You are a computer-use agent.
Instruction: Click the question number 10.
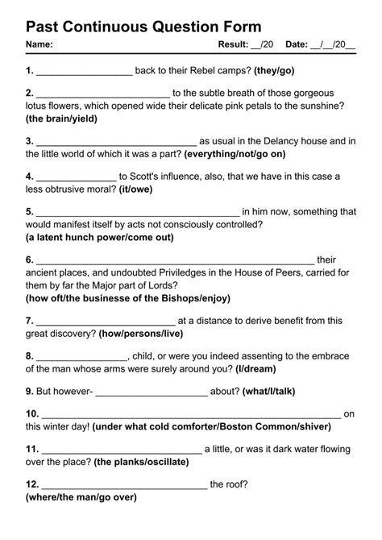coord(32,413)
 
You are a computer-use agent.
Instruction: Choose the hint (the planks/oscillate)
coord(141,462)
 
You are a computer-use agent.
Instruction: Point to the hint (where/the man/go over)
coord(82,497)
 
